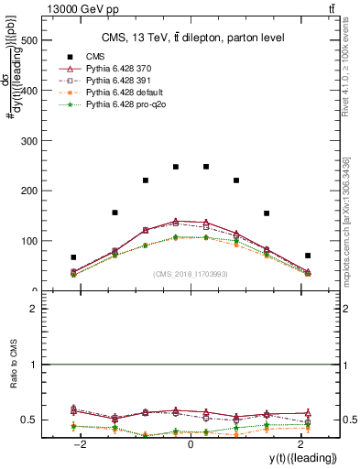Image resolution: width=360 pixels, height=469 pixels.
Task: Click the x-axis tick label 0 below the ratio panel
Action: [x=191, y=443]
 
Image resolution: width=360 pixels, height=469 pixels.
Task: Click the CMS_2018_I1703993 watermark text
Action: [x=190, y=274]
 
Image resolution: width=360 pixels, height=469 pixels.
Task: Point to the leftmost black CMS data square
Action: [x=73, y=257]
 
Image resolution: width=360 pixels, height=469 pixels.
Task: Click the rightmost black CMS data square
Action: [x=308, y=256]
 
